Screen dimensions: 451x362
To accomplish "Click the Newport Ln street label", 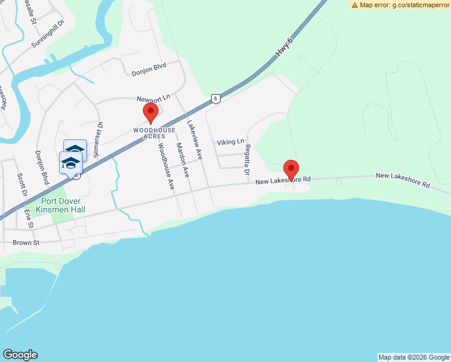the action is [x=153, y=98].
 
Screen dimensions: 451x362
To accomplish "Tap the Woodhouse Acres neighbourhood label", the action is [x=154, y=133].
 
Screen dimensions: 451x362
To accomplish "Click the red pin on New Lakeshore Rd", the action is [x=292, y=170].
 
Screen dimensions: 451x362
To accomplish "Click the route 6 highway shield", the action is [x=214, y=98].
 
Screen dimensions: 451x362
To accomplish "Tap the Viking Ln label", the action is [x=231, y=142].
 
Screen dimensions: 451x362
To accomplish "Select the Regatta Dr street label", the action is [x=247, y=160].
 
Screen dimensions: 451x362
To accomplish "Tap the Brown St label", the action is [x=26, y=243].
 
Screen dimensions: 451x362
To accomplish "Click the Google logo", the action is [x=20, y=355].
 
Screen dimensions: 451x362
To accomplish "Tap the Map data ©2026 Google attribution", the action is [x=414, y=357].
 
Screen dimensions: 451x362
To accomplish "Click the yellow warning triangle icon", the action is [x=355, y=5].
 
